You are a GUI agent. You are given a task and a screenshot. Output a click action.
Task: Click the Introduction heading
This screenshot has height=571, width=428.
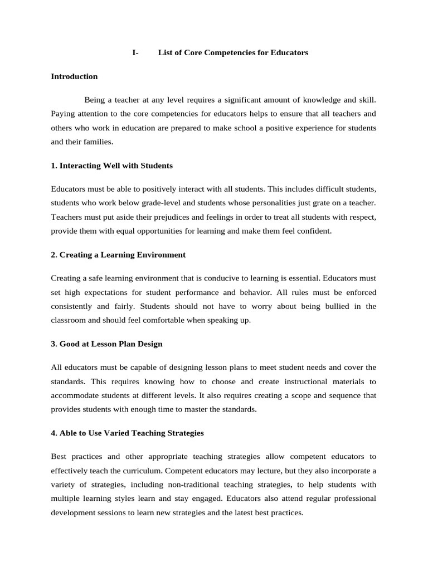pyautogui.click(x=74, y=76)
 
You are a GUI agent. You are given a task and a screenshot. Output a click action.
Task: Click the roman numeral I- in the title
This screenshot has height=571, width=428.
pyautogui.click(x=135, y=52)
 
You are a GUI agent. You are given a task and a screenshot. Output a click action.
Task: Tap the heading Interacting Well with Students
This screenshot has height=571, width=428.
pyautogui.click(x=111, y=166)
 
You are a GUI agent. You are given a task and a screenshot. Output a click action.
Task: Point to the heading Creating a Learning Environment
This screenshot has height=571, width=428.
pyautogui.click(x=118, y=255)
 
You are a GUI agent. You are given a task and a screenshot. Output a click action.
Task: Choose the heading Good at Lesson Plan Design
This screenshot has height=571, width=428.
pyautogui.click(x=106, y=344)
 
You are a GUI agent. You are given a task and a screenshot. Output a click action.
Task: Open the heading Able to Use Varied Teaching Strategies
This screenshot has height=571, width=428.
pyautogui.click(x=127, y=433)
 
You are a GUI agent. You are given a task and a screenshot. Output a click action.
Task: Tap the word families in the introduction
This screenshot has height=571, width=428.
pyautogui.click(x=97, y=142)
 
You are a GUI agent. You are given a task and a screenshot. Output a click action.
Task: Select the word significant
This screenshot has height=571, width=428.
pyautogui.click(x=240, y=100)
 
